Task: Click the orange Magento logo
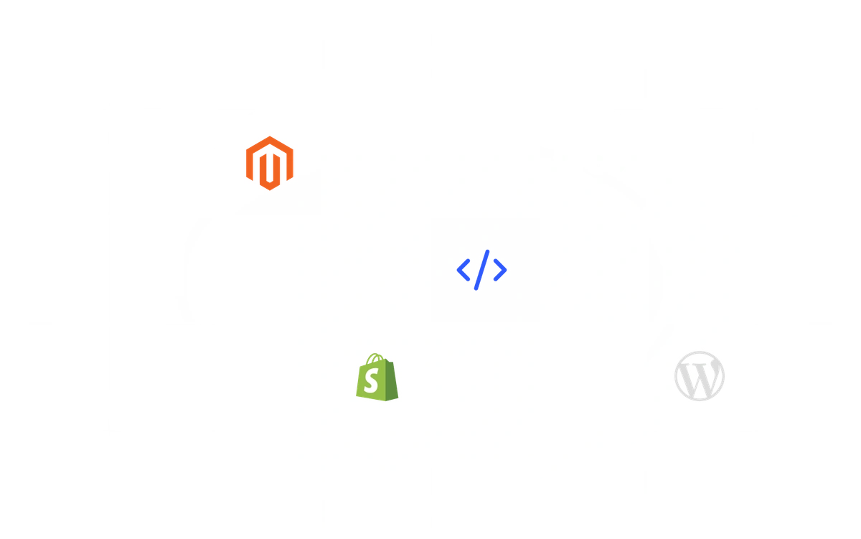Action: tap(269, 163)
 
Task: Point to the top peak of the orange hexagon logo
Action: tap(269, 137)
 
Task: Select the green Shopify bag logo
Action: tap(377, 377)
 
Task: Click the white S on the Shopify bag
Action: tap(370, 383)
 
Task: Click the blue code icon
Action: tap(481, 270)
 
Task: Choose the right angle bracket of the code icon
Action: tap(500, 270)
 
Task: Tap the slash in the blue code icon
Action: tap(482, 270)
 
